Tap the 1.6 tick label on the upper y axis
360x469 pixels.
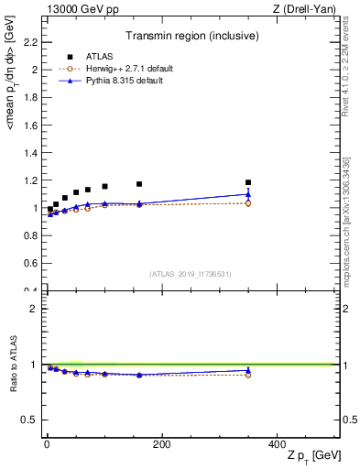(30, 125)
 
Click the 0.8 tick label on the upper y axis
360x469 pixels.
(30, 235)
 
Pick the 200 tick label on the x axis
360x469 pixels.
(161, 444)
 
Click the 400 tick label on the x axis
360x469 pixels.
(276, 444)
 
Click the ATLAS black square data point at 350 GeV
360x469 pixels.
(247, 182)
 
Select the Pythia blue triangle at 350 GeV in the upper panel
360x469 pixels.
(247, 193)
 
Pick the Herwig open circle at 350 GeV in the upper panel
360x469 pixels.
(247, 203)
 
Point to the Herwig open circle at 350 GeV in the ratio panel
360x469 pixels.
(247, 376)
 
